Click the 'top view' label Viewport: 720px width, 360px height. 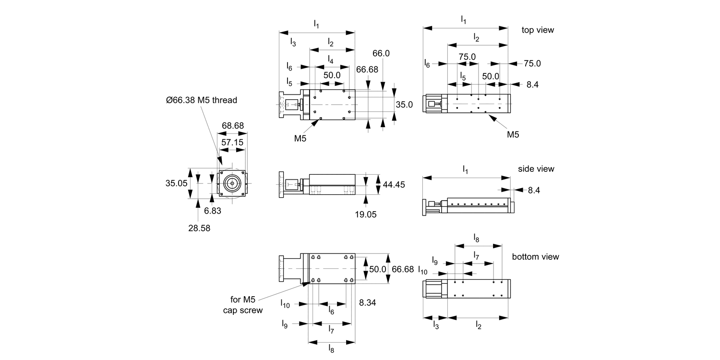[538, 30]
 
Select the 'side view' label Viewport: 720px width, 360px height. [536, 169]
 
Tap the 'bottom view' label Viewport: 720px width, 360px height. [535, 257]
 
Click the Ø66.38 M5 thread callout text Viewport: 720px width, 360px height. [202, 100]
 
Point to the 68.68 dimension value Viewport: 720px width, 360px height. [233, 126]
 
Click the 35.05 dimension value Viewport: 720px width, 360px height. [176, 183]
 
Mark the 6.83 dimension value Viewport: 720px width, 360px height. [212, 211]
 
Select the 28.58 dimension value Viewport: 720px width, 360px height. [199, 228]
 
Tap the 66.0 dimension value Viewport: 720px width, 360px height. [381, 53]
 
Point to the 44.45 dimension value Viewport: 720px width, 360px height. [394, 184]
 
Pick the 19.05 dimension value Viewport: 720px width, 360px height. [366, 215]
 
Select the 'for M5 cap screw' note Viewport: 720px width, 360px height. [243, 305]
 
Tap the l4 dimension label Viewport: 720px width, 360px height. [331, 59]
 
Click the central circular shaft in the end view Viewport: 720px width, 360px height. [233, 183]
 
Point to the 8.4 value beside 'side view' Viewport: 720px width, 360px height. [534, 191]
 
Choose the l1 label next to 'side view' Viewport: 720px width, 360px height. [465, 169]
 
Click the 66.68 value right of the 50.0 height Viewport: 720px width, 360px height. [403, 269]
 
